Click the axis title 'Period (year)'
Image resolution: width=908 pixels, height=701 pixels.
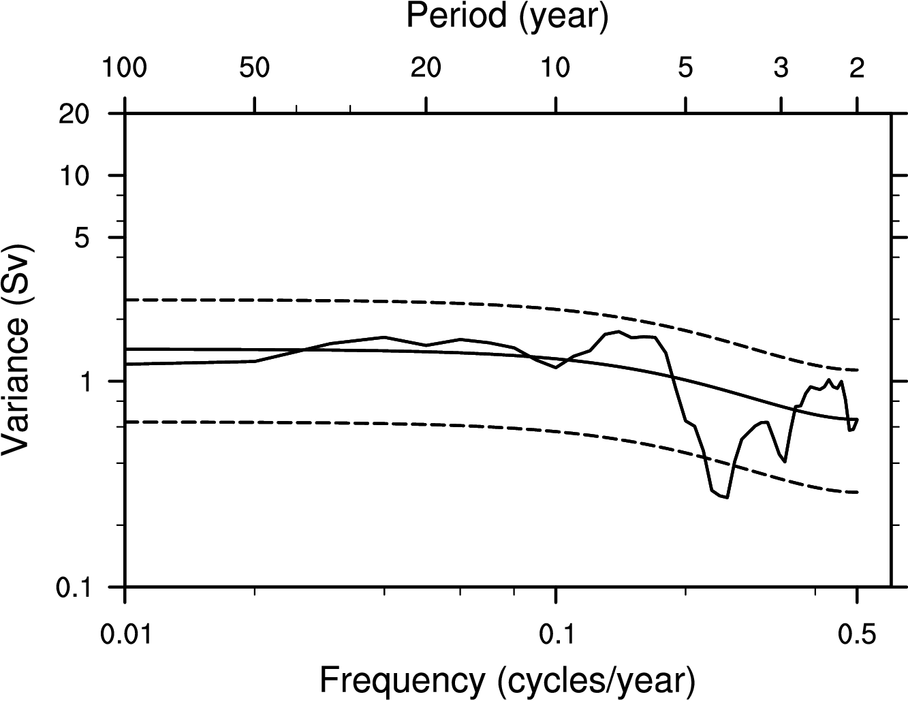point(507,16)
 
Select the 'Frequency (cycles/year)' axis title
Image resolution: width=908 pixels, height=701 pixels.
point(507,679)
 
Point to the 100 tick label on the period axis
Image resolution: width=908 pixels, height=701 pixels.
point(125,69)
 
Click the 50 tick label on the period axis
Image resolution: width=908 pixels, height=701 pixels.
point(254,69)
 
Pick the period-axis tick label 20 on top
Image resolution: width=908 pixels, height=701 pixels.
point(426,69)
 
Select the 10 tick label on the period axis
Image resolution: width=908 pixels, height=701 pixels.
point(556,69)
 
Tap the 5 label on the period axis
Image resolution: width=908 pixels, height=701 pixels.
point(686,69)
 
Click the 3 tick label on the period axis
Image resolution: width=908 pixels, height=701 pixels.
point(781,69)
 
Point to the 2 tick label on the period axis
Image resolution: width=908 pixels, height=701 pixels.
point(857,69)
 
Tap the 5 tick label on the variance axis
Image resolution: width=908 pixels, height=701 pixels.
point(99,238)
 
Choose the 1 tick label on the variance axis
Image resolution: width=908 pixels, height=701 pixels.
point(99,381)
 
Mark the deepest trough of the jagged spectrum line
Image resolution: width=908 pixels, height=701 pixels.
point(726,497)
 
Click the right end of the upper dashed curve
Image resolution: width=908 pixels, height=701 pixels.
point(857,370)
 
